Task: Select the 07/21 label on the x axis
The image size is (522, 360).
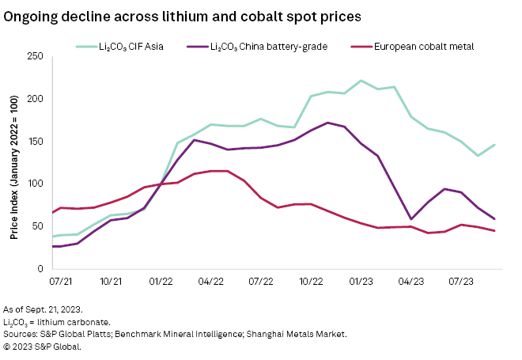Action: pyautogui.click(x=62, y=281)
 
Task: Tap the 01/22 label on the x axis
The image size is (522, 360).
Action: pyautogui.click(x=161, y=281)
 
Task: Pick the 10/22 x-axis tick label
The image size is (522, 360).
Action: pyautogui.click(x=312, y=281)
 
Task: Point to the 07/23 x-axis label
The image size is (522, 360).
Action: pyautogui.click(x=461, y=281)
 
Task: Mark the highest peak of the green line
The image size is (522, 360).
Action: pyautogui.click(x=361, y=81)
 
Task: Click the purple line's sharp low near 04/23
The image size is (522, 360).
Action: pyautogui.click(x=410, y=219)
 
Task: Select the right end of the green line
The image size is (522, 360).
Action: pyautogui.click(x=494, y=145)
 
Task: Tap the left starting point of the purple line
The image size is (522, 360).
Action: pyautogui.click(x=52, y=246)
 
